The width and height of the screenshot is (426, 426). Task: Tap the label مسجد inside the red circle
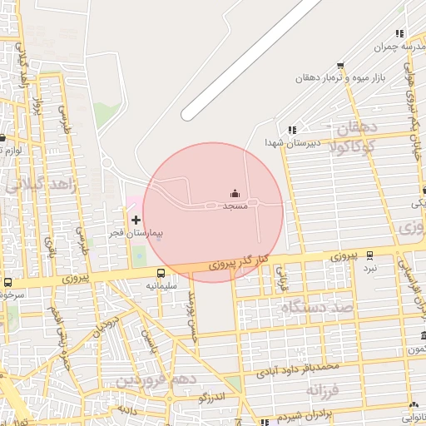[235, 205]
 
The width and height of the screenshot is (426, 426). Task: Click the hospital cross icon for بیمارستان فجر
[136, 220]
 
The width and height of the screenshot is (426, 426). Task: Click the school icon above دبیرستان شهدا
[291, 130]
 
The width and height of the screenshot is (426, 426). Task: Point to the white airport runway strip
[250, 58]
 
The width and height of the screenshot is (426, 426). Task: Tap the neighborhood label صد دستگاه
[317, 308]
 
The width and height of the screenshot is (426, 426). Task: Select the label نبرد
[369, 268]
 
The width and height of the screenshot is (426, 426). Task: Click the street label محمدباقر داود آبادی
[298, 368]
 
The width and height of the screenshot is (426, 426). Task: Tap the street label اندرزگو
[215, 398]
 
